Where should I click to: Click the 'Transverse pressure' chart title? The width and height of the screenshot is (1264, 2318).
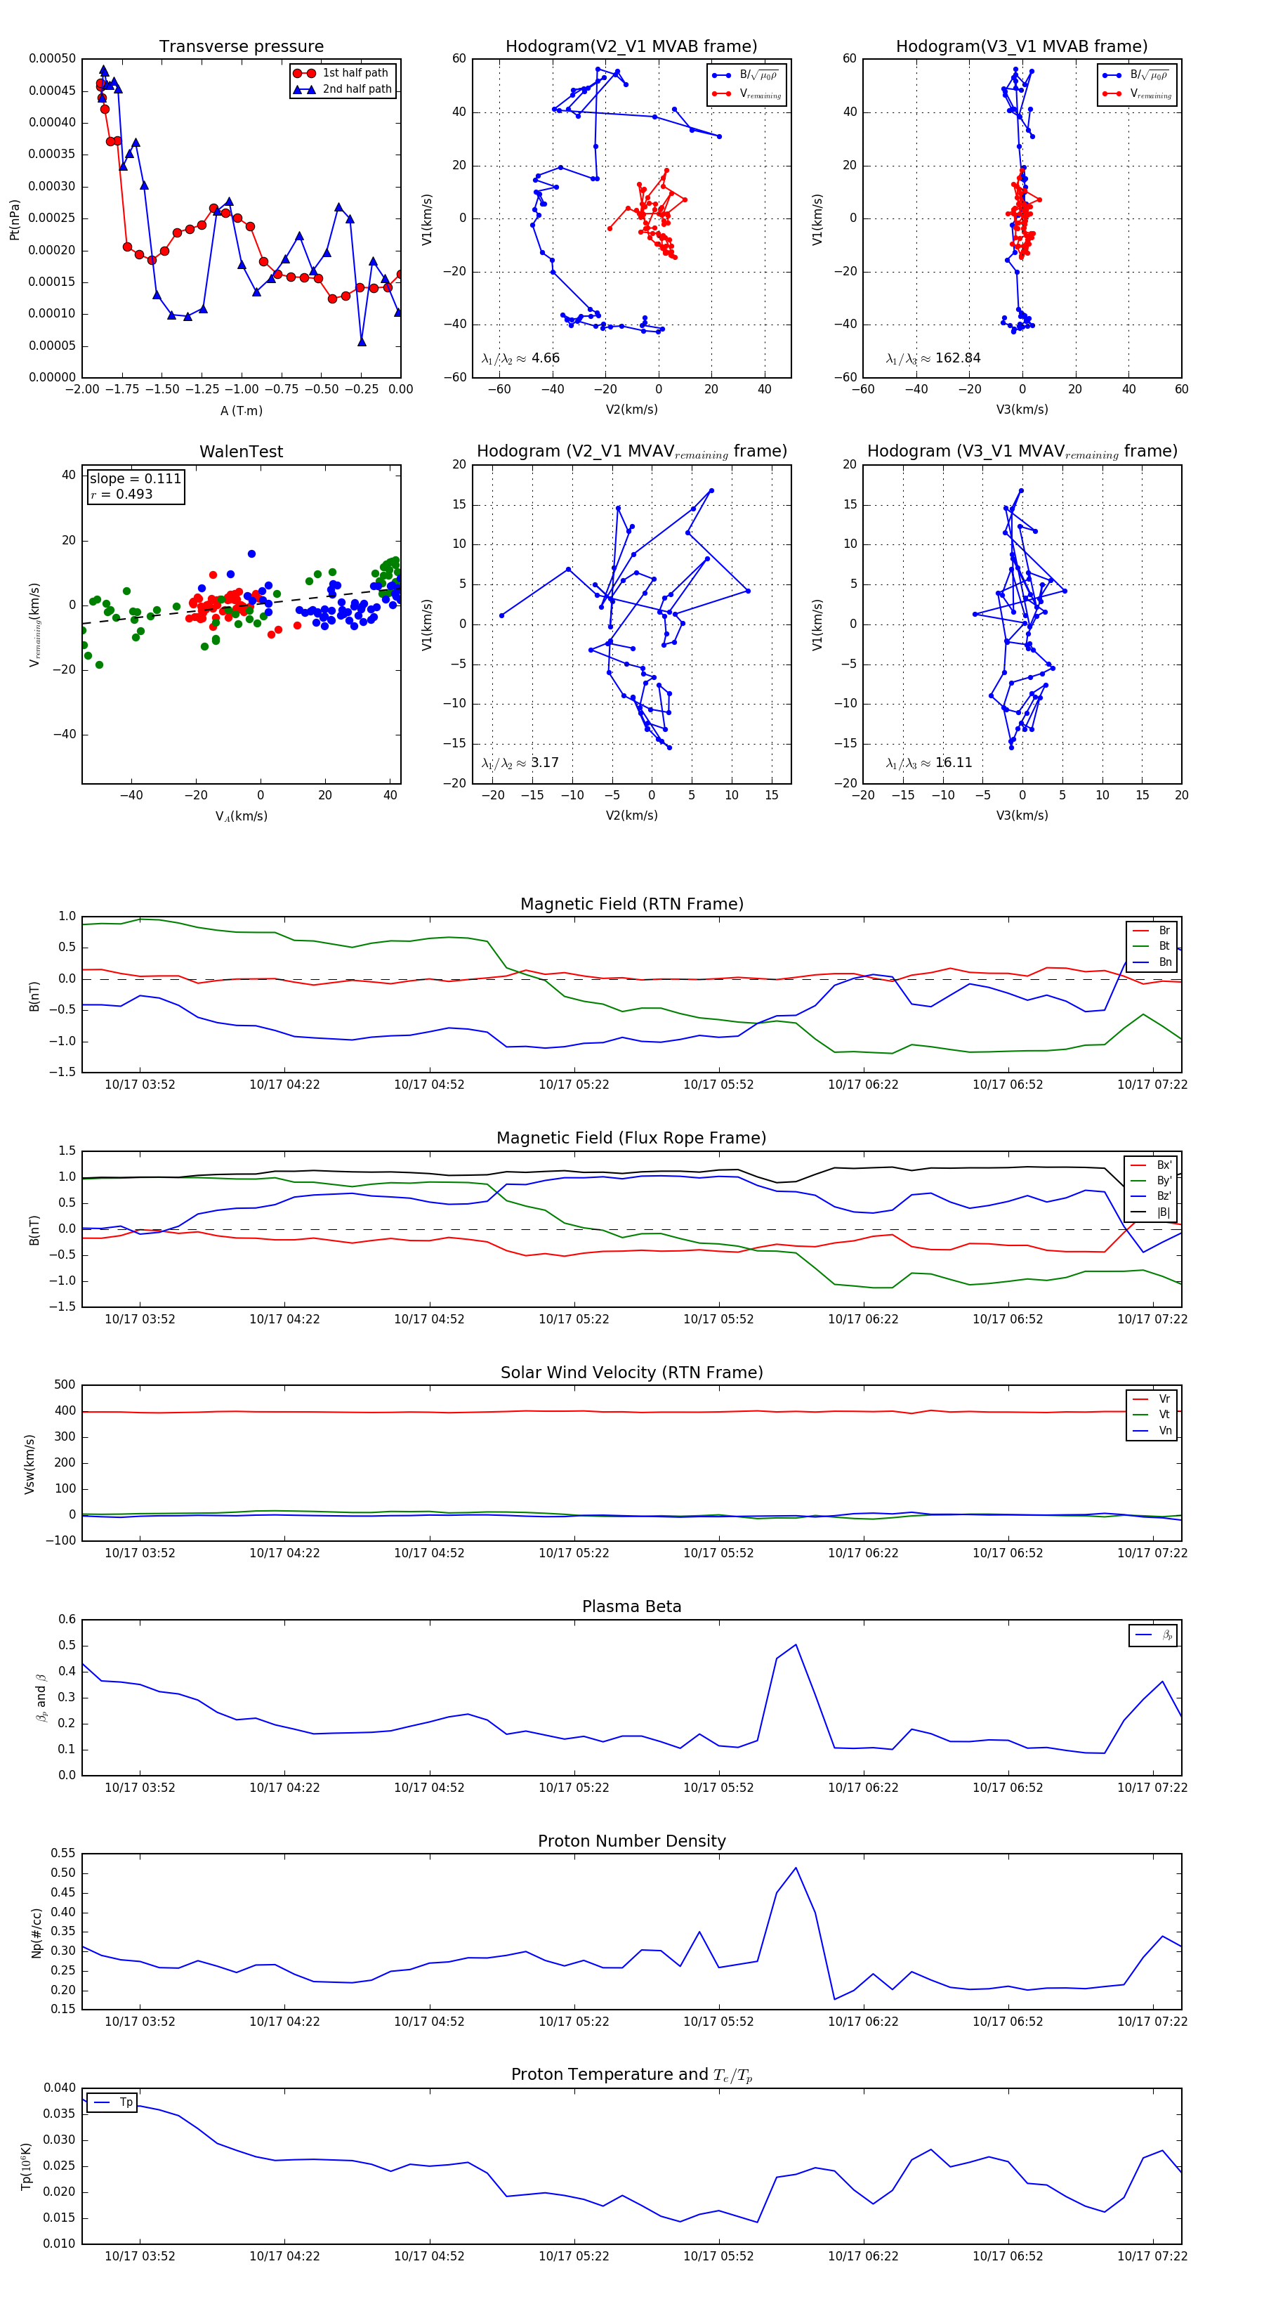(x=241, y=47)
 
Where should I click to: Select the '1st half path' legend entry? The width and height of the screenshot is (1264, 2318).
(x=355, y=73)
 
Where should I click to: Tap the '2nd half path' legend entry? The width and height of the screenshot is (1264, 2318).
(x=356, y=89)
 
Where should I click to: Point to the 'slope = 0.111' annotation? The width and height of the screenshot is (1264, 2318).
(x=135, y=479)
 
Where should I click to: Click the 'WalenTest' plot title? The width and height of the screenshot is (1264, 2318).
(x=241, y=452)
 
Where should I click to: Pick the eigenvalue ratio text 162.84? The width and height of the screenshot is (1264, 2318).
(x=957, y=358)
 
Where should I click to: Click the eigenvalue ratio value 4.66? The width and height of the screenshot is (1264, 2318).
(x=545, y=358)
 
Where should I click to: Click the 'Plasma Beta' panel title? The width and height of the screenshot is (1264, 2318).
(x=631, y=1606)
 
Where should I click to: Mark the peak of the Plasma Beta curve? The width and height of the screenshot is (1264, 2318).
(x=796, y=1645)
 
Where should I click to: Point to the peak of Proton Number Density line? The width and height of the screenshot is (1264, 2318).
(x=796, y=1868)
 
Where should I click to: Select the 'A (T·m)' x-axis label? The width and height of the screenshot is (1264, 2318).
(x=241, y=411)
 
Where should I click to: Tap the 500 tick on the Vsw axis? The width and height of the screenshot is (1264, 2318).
(x=65, y=1385)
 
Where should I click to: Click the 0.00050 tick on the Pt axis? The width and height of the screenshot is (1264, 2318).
(x=52, y=58)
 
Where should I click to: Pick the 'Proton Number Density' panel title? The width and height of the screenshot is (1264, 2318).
(x=631, y=1841)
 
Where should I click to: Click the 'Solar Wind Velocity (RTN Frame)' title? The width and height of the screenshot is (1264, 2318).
(x=631, y=1373)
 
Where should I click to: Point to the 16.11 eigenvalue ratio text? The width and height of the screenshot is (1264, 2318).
(x=954, y=763)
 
